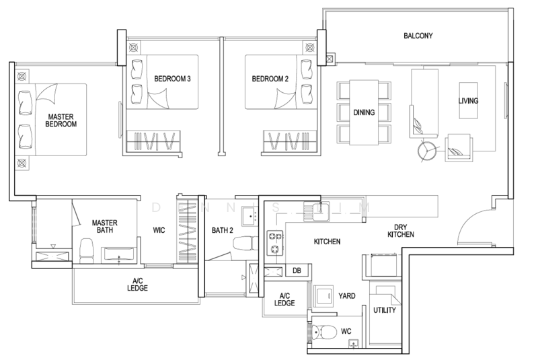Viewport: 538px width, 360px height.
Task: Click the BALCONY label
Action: click(418, 36)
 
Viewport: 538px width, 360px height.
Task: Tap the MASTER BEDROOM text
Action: click(61, 120)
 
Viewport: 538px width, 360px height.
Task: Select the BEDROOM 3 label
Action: click(172, 79)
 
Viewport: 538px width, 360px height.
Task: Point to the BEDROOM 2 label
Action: click(270, 79)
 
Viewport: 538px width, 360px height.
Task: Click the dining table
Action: click(364, 112)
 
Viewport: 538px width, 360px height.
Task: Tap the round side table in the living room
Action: click(427, 151)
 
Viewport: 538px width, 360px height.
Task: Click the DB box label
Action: click(297, 271)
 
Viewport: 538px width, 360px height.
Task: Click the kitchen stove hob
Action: click(275, 243)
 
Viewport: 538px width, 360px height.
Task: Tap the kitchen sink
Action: click(316, 212)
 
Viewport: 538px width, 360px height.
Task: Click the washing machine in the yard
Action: click(323, 296)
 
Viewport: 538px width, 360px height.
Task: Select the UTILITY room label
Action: click(384, 310)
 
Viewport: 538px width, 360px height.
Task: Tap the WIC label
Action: click(159, 230)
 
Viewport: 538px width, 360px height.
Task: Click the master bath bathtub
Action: click(118, 255)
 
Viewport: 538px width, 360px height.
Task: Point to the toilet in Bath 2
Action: click(245, 244)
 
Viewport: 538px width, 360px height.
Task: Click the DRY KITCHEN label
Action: click(400, 231)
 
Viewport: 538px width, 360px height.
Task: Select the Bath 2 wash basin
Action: click(250, 216)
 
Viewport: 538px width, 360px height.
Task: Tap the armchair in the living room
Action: click(459, 148)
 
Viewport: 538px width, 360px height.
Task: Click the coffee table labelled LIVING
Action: click(468, 100)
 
